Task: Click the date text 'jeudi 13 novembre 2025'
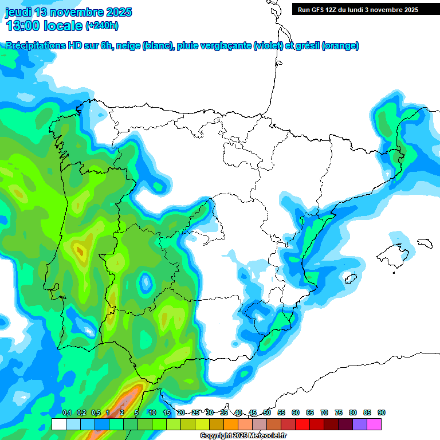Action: [68, 12]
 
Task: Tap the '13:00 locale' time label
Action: [45, 26]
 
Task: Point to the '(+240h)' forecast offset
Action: [102, 26]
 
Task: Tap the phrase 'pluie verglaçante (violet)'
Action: [236, 46]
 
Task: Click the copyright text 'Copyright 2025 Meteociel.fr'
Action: [243, 436]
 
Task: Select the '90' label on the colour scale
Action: [381, 412]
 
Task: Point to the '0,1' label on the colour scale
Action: [67, 412]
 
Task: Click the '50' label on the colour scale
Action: [267, 412]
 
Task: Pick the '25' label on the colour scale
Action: [195, 412]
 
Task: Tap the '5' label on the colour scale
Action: [136, 412]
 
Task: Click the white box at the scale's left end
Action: [58, 424]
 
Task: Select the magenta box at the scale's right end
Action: [374, 424]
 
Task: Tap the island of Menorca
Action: [423, 243]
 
